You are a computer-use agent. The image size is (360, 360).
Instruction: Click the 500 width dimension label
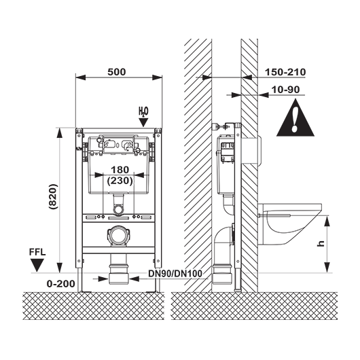[117, 72]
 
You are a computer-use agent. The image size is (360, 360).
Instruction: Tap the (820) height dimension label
[53, 196]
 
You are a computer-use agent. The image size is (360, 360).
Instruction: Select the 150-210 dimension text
[285, 72]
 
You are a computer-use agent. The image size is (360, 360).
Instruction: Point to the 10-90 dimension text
[285, 90]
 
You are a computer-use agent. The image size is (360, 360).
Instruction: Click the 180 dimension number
[120, 170]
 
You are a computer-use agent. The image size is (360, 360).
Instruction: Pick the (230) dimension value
[120, 181]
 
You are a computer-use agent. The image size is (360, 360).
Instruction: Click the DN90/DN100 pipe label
[175, 274]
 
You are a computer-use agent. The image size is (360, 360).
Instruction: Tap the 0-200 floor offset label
[61, 284]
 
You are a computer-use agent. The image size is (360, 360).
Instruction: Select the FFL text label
[37, 252]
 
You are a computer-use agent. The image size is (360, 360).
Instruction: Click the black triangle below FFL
[37, 265]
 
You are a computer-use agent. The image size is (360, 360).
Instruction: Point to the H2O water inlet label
[143, 112]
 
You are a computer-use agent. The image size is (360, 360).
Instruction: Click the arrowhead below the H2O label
[144, 122]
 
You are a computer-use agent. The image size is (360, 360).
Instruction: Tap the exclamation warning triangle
[295, 120]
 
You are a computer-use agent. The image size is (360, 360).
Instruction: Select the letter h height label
[321, 243]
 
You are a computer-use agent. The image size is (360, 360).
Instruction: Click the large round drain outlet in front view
[119, 235]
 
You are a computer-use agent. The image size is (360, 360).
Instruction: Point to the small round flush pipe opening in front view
[118, 210]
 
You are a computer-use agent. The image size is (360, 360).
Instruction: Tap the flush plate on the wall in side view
[259, 150]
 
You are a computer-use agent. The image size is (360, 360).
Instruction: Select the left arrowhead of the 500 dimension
[80, 77]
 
